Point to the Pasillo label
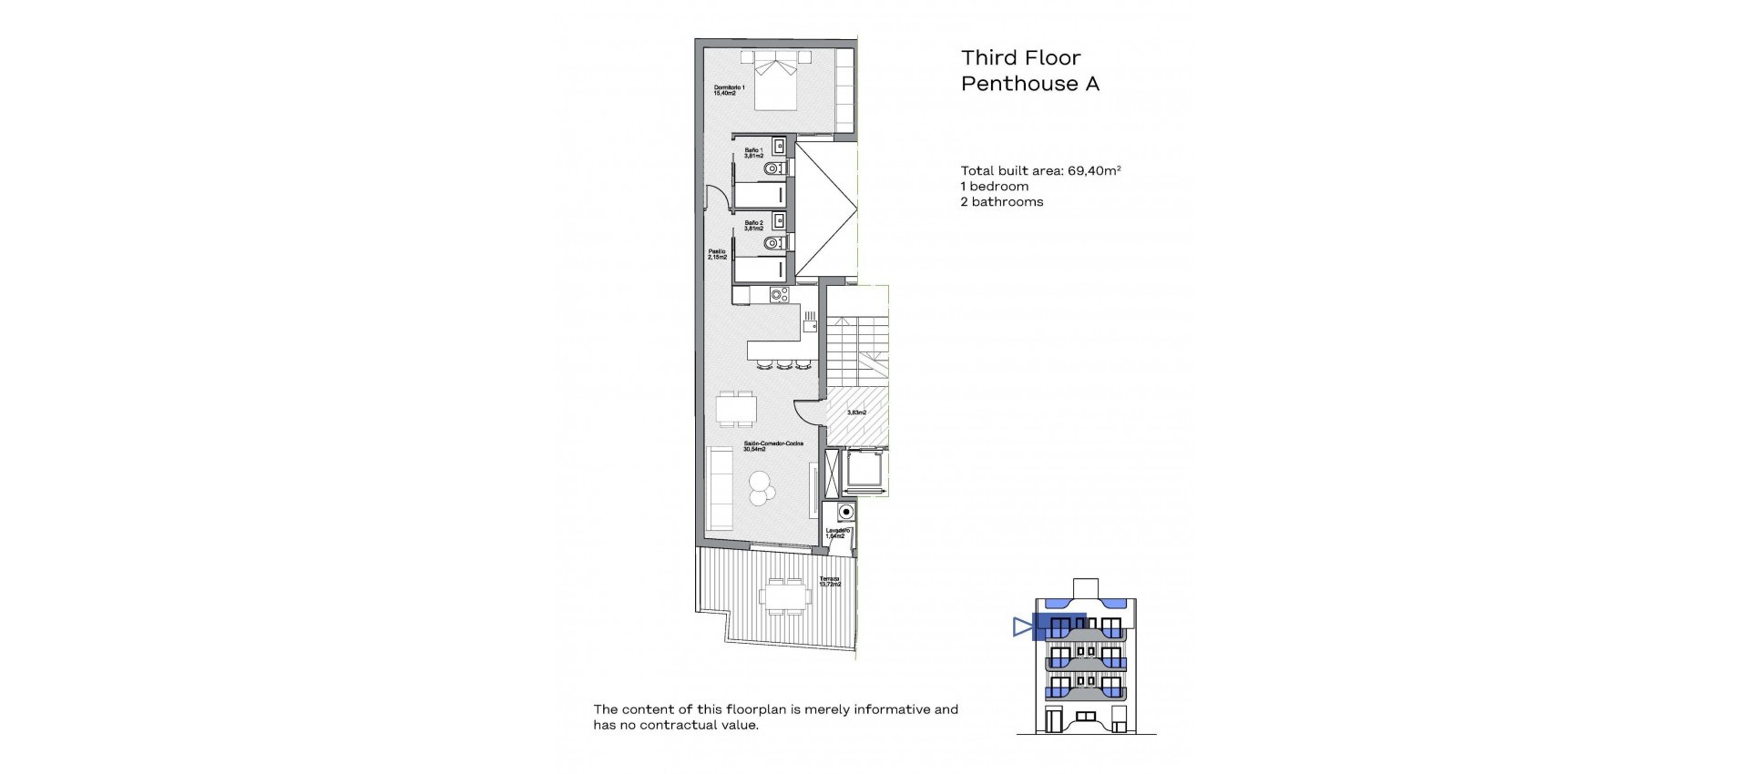[717, 254]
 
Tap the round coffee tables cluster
[761, 489]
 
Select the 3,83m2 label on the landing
[856, 412]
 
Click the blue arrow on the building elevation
[1022, 626]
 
